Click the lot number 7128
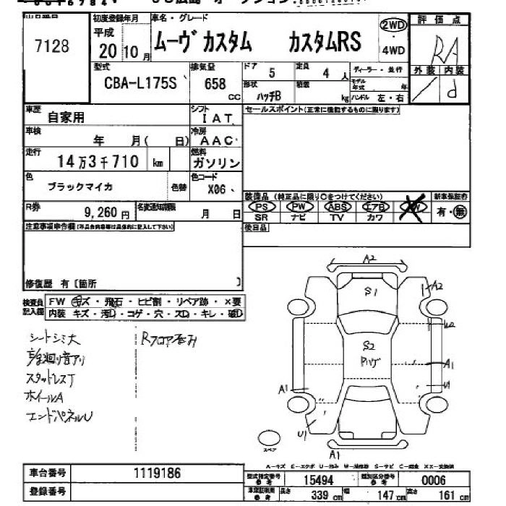tap(52, 47)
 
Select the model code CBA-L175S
tap(140, 84)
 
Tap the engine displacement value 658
tap(215, 84)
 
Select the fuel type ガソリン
tap(216, 163)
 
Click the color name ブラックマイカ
tap(80, 186)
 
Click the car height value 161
tap(448, 496)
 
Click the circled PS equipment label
tap(262, 207)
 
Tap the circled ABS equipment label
tap(337, 207)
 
